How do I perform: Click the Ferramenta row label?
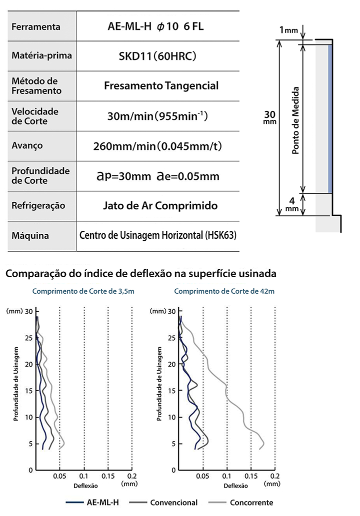coord(36,26)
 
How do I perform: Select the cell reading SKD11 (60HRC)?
coord(157,56)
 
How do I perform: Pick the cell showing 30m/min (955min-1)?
coord(157,116)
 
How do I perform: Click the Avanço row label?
coord(27,145)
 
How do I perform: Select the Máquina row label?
coord(30,235)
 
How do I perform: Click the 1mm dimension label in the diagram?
coord(288,30)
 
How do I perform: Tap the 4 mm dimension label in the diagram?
coord(292,205)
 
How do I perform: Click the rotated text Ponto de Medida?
coord(295,120)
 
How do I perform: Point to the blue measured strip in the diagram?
coord(329,119)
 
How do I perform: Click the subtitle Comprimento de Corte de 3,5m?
coord(83,291)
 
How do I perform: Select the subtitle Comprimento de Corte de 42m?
coord(224,291)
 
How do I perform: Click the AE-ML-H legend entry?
coord(92,503)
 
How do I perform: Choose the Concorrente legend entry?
coord(241,503)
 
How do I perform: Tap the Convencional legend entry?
coord(163,503)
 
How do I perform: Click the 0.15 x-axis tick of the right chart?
coord(251,476)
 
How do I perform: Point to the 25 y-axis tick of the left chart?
coord(29,338)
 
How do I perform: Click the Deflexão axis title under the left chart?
coord(85,486)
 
